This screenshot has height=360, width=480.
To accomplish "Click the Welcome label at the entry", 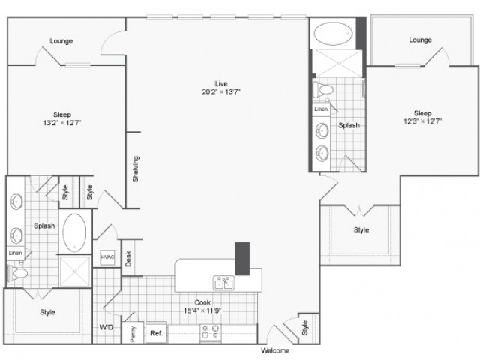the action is click(275, 350).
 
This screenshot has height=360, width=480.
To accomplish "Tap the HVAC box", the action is click(108, 256).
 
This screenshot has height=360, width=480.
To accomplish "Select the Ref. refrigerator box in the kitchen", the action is click(156, 332).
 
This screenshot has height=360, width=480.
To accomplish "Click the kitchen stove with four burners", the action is click(211, 332).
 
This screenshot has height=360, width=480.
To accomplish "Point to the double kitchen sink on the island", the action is click(223, 283).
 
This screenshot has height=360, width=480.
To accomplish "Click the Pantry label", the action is click(133, 333).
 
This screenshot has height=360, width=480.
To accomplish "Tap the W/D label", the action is click(106, 327).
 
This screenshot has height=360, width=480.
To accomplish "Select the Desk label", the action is click(128, 258).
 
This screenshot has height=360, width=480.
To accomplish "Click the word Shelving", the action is click(136, 169).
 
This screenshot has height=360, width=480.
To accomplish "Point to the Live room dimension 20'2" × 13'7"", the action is click(221, 91).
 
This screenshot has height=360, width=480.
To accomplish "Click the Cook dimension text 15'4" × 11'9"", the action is click(202, 310).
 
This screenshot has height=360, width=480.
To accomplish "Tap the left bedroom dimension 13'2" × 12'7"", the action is click(62, 123).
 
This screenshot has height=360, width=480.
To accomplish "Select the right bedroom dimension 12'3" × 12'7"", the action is click(423, 121).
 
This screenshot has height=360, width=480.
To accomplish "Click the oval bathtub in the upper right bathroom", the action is click(333, 33).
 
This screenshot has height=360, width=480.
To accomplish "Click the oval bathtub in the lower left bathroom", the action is click(74, 232).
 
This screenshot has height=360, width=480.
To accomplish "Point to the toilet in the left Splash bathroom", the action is click(17, 272).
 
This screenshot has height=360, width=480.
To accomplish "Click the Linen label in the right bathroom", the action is click(321, 109).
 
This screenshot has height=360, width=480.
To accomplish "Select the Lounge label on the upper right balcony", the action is click(420, 40).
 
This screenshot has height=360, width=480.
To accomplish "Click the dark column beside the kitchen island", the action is click(242, 259).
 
